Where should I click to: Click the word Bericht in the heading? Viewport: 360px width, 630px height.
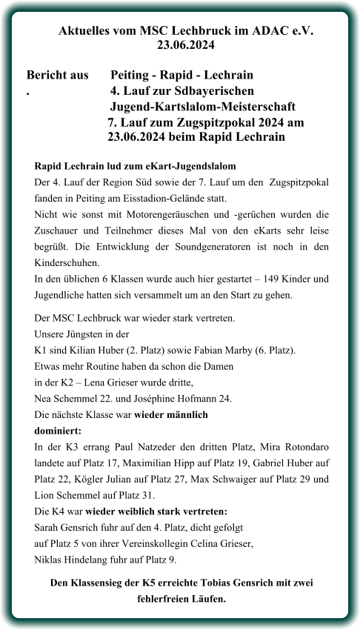[46, 76]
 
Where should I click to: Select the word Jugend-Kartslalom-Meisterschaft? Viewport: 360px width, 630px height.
[203, 107]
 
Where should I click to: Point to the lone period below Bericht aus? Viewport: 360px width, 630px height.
[27, 92]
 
